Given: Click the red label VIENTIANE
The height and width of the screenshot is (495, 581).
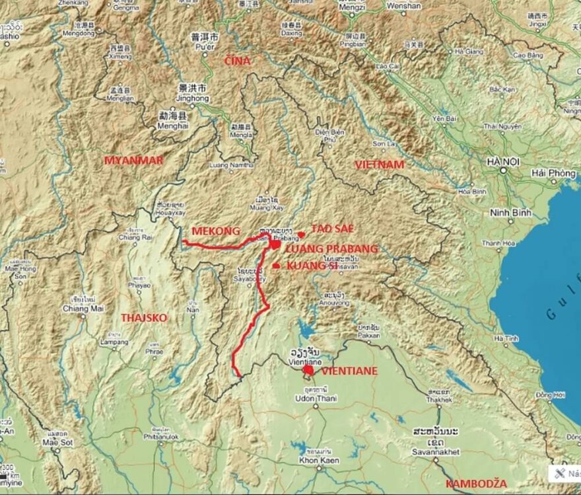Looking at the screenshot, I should click(350, 371).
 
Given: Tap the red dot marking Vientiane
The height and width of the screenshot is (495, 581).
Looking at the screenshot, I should click(308, 371).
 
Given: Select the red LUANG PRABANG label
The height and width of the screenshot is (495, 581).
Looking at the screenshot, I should click(331, 249).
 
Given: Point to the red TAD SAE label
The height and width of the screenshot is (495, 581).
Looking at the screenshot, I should click(332, 229).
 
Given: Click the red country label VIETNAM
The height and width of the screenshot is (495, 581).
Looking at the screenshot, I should click(379, 165).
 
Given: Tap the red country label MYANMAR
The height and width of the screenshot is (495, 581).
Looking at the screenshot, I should click(133, 161).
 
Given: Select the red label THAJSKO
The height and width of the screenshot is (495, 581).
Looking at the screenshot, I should click(144, 318).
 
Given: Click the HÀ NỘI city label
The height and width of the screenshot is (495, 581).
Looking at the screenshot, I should click(502, 161).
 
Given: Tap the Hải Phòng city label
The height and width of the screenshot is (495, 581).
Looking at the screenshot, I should click(553, 173).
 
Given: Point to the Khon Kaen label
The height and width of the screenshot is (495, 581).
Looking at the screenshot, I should click(318, 459).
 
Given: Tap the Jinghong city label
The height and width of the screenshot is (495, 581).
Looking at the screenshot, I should click(193, 98).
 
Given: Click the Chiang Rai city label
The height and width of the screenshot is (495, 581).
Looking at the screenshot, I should click(131, 237).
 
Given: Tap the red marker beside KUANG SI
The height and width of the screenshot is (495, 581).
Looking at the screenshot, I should click(275, 266).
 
